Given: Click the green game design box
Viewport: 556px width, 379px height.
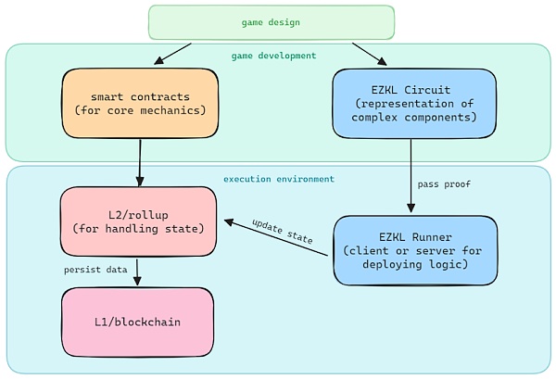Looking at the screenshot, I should pyautogui.click(x=272, y=22).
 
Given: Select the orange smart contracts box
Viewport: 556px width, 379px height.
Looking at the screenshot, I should pyautogui.click(x=140, y=103).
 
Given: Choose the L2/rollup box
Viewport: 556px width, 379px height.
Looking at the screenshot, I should pyautogui.click(x=138, y=221).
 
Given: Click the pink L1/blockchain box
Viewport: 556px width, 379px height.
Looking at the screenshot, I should pyautogui.click(x=137, y=322).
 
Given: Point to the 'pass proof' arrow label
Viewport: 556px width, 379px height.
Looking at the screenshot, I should pyautogui.click(x=444, y=184).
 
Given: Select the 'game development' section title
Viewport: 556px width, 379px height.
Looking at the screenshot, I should pyautogui.click(x=273, y=56).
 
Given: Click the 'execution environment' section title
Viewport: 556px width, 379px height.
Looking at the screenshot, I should pyautogui.click(x=279, y=178).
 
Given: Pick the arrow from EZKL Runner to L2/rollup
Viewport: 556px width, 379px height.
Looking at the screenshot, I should pyautogui.click(x=276, y=238).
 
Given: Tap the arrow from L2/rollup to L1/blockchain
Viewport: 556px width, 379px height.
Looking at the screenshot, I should pyautogui.click(x=137, y=272).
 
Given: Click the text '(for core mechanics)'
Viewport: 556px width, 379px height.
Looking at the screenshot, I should pyautogui.click(x=140, y=110).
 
